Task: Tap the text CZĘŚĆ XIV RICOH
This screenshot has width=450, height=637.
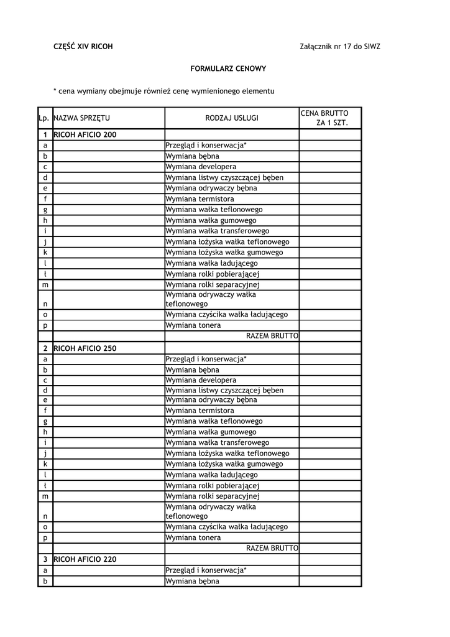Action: (83, 47)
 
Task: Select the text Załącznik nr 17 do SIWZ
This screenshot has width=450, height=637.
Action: (339, 47)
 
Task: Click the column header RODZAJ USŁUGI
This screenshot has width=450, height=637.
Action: (232, 118)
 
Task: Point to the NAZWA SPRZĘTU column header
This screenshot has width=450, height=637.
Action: (82, 118)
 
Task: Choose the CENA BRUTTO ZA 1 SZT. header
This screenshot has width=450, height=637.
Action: (324, 118)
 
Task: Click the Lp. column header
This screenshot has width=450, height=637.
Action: (44, 118)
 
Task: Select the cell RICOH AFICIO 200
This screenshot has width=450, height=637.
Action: (85, 134)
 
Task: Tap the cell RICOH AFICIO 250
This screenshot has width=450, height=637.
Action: (85, 348)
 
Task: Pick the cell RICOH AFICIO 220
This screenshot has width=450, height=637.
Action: (85, 559)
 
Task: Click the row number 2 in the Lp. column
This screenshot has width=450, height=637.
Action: (45, 348)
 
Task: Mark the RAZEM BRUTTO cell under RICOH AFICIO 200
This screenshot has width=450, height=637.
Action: (272, 336)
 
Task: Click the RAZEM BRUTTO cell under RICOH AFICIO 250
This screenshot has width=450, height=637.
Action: (272, 548)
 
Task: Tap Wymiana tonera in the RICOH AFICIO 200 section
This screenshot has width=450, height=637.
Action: (193, 325)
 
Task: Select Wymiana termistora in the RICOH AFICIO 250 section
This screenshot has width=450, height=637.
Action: (200, 411)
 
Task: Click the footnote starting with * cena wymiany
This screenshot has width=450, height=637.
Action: (163, 91)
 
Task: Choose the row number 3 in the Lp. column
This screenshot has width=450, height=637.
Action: (45, 559)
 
